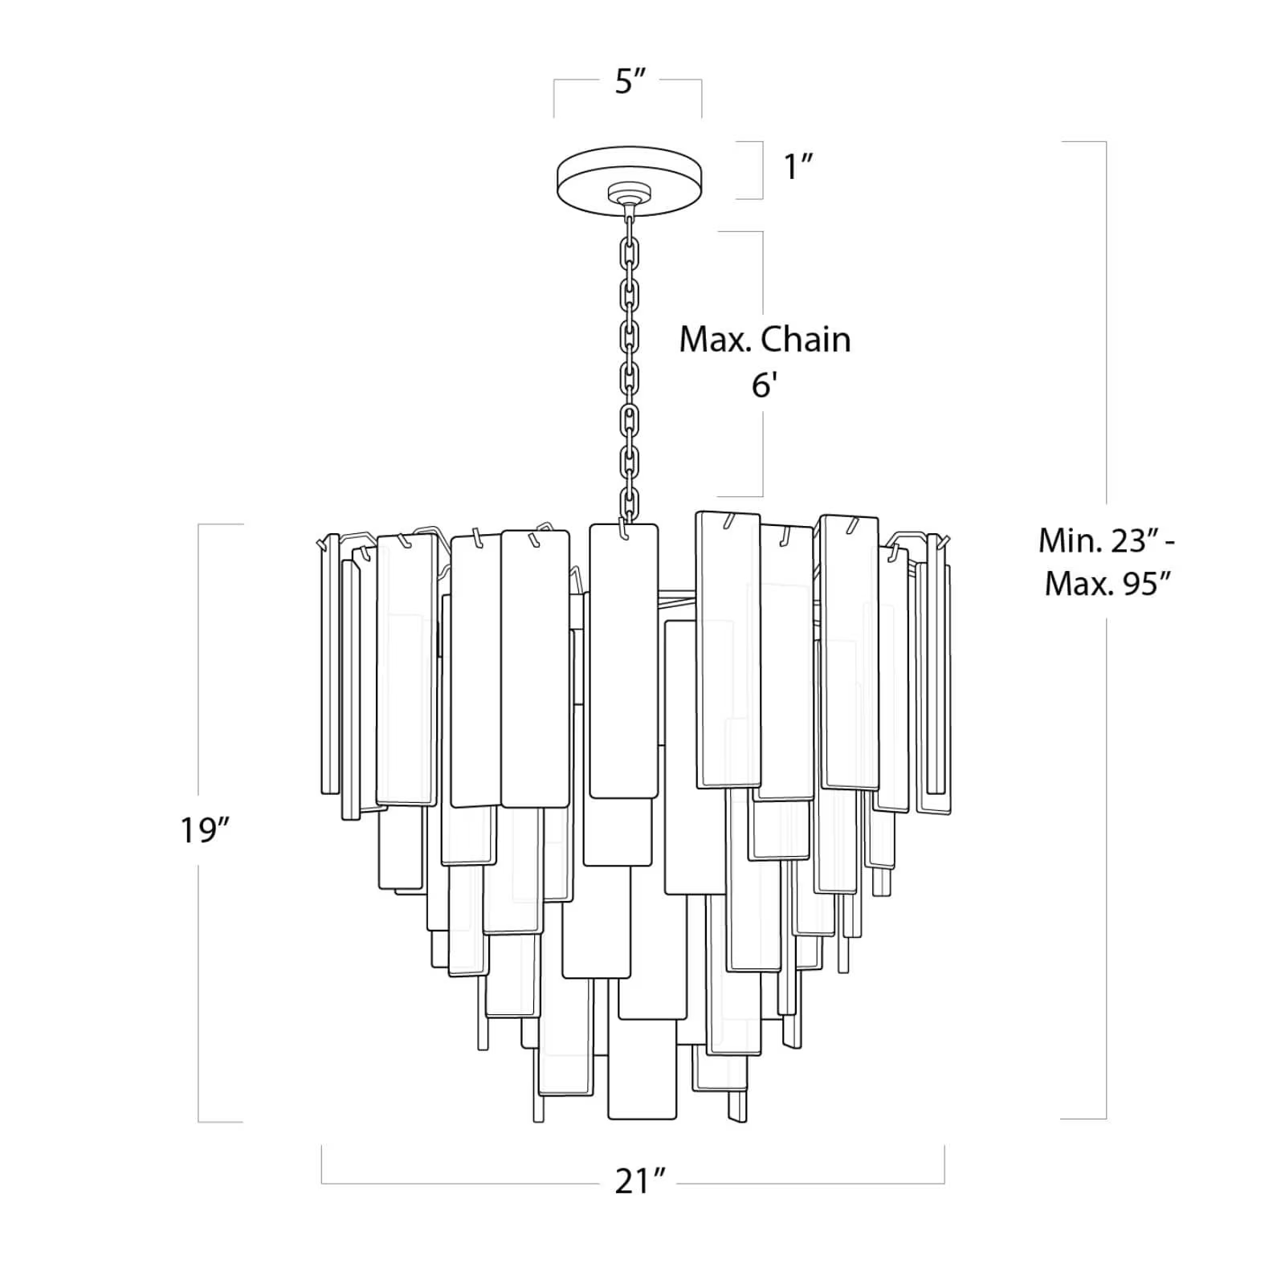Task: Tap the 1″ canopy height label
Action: pyautogui.click(x=798, y=167)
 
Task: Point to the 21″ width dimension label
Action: pyautogui.click(x=640, y=1182)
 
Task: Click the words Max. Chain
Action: pyautogui.click(x=765, y=340)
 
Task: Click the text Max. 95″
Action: pyautogui.click(x=1111, y=584)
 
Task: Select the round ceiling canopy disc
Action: pyautogui.click(x=630, y=173)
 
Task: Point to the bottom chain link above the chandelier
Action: pyautogui.click(x=627, y=506)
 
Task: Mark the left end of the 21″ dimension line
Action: pyautogui.click(x=322, y=1164)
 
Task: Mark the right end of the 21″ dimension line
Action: pyautogui.click(x=944, y=1164)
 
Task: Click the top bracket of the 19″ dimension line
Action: pyautogui.click(x=220, y=524)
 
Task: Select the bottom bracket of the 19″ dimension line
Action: pyautogui.click(x=220, y=1122)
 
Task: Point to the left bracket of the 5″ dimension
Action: pyautogui.click(x=554, y=97)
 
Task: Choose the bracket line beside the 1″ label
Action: pyautogui.click(x=761, y=169)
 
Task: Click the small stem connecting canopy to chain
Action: pyautogui.click(x=629, y=208)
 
